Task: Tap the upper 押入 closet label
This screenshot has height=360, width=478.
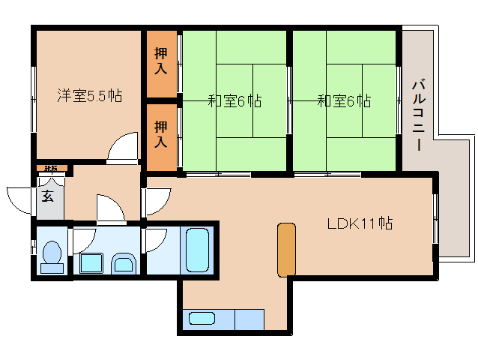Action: [x=161, y=62]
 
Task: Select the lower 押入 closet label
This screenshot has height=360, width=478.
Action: [x=161, y=133]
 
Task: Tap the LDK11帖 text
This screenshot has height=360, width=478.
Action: [x=360, y=223]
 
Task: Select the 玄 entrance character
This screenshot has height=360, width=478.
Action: [x=47, y=197]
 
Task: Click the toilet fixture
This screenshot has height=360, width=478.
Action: [x=52, y=255]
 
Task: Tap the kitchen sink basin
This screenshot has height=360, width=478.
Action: [x=202, y=318]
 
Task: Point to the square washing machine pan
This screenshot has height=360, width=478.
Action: [x=91, y=262]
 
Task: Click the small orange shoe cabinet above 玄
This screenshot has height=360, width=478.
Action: [x=51, y=169]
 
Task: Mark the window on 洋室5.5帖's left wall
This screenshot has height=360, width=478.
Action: [x=33, y=98]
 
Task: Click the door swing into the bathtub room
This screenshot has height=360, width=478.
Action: [x=157, y=240]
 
